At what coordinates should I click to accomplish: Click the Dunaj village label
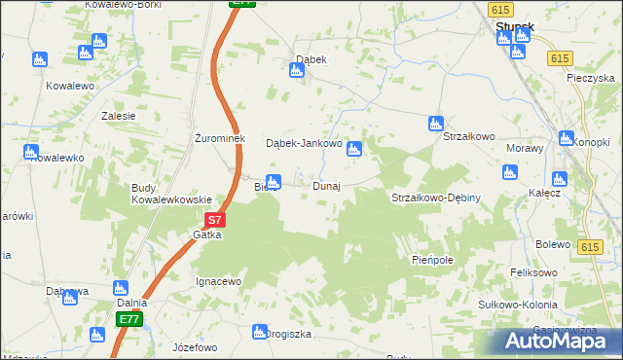pos(326,186)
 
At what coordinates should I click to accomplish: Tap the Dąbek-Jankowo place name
pos(304,143)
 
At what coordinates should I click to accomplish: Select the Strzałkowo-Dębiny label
pos(436,198)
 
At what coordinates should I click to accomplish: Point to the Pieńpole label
pos(433,261)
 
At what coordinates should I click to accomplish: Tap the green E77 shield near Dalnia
pos(130,319)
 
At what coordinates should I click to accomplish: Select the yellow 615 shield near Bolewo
pos(587,248)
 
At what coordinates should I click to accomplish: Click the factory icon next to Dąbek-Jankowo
pos(355,149)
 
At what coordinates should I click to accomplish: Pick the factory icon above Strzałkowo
pos(436,123)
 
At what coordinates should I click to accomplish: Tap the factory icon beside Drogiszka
pos(260,332)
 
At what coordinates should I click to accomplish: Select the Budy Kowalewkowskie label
pos(171,193)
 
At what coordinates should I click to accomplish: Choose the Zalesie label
pos(118,115)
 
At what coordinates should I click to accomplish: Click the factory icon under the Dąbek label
pos(299,71)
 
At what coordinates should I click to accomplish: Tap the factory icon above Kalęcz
pos(559,178)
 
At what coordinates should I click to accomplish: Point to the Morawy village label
pos(525,148)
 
